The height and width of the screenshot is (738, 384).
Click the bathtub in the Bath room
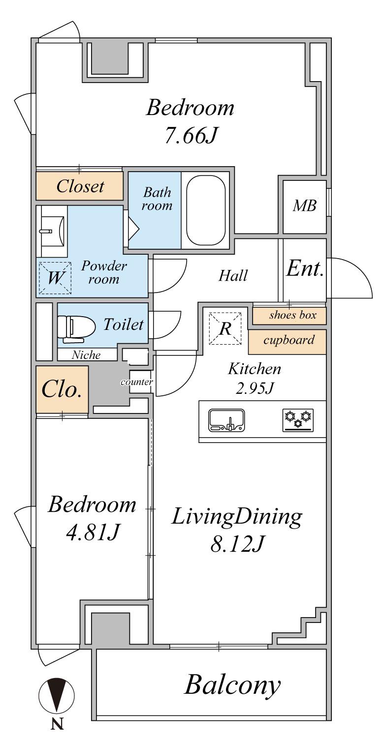pos(206,210)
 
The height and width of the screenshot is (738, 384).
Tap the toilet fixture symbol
pos(76,327)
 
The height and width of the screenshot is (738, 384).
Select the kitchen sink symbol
pos(226,420)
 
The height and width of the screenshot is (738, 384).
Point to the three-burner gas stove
pos(298,420)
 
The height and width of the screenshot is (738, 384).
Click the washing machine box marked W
pos(55,278)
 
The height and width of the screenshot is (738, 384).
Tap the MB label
pos(305,206)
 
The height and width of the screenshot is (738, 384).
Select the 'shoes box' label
pos(292,315)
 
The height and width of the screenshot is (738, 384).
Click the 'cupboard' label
pos(289,340)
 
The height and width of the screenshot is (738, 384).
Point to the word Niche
pos(86,355)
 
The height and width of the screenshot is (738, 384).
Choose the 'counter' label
pos(136,382)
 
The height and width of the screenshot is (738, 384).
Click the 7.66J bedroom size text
pos(192,135)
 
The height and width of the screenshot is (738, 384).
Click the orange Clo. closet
pos(62,389)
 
